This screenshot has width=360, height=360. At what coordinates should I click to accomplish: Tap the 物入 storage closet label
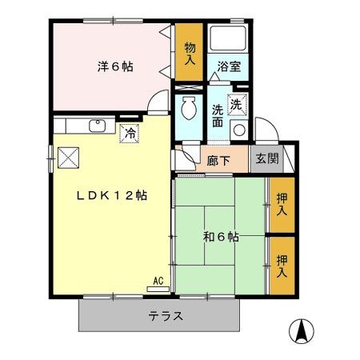(190, 54)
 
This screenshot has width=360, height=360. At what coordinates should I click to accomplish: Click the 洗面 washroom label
(218, 117)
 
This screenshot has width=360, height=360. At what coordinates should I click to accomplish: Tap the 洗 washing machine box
(238, 103)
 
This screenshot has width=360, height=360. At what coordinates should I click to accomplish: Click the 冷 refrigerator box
(129, 134)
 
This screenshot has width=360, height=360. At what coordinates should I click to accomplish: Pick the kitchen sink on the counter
(98, 126)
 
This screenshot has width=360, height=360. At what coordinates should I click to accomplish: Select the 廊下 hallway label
(219, 159)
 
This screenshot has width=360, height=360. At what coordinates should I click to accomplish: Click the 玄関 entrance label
(267, 158)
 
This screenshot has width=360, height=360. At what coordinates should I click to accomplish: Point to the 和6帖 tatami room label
(219, 236)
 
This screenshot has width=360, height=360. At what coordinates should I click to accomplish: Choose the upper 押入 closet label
(282, 204)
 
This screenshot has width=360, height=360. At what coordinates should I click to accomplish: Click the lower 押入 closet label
(282, 266)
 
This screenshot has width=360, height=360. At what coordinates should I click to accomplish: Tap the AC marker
(159, 280)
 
